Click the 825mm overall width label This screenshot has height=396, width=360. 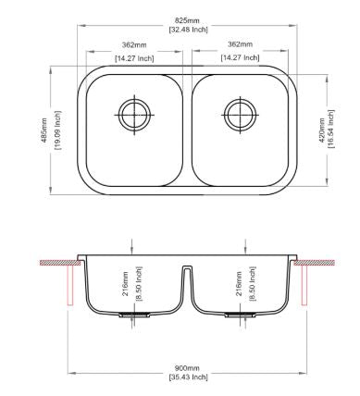click(187, 20)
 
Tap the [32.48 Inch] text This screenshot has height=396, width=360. click(189, 30)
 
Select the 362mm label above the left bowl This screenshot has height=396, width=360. click(134, 45)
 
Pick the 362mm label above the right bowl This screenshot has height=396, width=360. click(240, 44)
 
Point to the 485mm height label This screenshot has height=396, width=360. click(44, 130)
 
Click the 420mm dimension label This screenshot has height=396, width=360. click(321, 130)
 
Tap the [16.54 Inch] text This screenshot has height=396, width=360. click(330, 129)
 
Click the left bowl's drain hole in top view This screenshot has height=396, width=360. click(134, 115)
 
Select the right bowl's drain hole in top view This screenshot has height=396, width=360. click(241, 115)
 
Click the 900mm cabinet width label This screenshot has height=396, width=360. click(187, 368)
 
